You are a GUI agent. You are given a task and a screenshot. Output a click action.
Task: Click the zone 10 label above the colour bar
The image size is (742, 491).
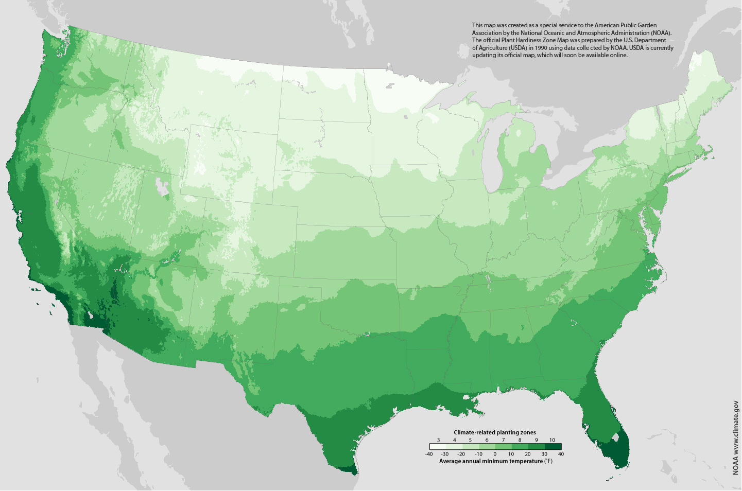pyautogui.click(x=552, y=440)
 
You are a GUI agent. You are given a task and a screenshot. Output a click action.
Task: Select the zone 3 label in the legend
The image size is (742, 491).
pyautogui.click(x=438, y=440)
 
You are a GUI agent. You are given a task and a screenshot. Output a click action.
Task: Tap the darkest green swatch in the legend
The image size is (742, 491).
pyautogui.click(x=553, y=447)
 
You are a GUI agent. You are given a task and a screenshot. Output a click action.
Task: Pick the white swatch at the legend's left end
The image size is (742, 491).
pyautogui.click(x=438, y=447)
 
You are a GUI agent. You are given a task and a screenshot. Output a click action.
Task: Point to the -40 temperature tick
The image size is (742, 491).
pyautogui.click(x=429, y=454)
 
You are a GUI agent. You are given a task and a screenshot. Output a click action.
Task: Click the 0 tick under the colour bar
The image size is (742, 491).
pyautogui.click(x=495, y=454)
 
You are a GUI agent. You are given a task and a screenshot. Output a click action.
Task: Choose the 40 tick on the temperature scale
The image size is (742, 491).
pyautogui.click(x=561, y=454)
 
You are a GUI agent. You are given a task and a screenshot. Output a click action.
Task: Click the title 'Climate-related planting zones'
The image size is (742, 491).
pyautogui.click(x=494, y=432)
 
